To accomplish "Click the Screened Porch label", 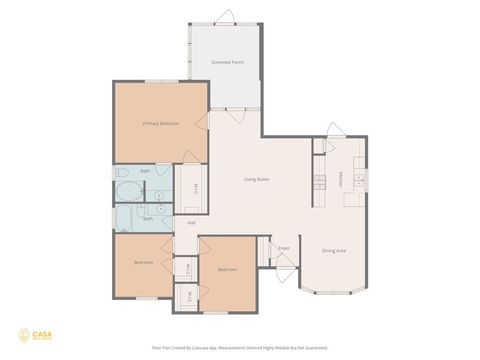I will pos(228,62).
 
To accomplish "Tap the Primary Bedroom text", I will pos(160,123).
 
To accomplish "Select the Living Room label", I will pos(257,179).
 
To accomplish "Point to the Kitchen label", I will pos(340,178).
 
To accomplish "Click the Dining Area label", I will pos(333,250).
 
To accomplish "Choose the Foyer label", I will pos(284,248).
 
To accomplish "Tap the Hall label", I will pos(190,223).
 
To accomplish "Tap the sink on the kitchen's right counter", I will pos(360,180).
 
